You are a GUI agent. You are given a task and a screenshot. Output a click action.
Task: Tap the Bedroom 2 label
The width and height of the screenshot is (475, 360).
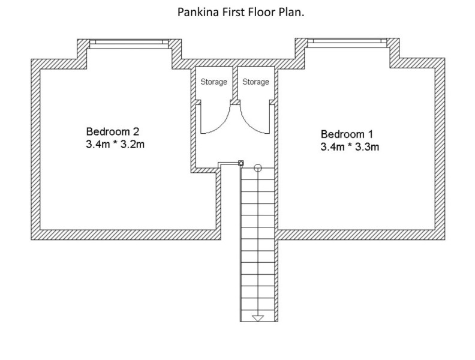click(113, 131)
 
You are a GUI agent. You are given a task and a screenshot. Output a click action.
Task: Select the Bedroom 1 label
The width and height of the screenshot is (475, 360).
click(347, 134)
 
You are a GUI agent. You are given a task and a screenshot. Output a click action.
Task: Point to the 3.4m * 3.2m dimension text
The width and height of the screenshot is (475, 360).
click(115, 144)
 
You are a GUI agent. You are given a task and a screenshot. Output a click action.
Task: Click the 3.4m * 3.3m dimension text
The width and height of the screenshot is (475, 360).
click(350, 147)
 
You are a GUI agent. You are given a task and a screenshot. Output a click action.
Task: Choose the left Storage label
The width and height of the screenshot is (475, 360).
click(214, 82)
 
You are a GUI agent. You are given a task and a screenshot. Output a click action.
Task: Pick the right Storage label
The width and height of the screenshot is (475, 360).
click(255, 82)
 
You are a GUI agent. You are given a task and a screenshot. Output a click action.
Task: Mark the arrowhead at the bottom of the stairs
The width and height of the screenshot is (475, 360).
click(258, 318)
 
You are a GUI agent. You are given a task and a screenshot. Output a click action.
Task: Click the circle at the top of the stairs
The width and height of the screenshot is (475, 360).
click(257, 167)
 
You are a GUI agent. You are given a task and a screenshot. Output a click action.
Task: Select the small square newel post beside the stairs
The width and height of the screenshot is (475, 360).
click(241, 163)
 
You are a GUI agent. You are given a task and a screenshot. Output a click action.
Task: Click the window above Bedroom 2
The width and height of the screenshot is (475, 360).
click(129, 44)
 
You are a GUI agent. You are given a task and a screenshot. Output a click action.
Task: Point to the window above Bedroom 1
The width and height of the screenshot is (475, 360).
click(347, 43)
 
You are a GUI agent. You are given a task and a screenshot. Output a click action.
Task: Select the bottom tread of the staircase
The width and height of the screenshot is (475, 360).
click(257, 316)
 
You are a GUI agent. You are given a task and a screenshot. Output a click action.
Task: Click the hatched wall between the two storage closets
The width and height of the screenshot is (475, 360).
click(235, 83)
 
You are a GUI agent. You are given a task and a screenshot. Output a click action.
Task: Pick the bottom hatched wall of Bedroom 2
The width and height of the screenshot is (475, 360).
click(126, 235)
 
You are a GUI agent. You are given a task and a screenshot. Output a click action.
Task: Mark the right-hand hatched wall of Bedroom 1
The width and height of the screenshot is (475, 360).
click(440, 149)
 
